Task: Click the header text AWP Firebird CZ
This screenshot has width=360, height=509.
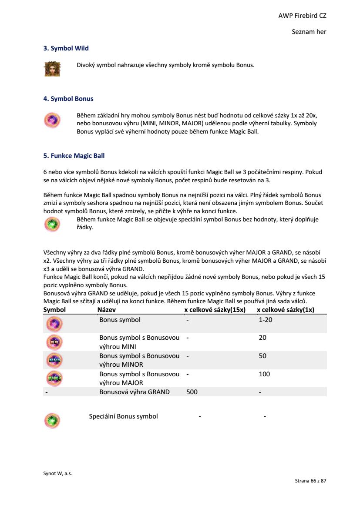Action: (302, 16)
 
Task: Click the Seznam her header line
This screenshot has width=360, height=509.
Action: (309, 32)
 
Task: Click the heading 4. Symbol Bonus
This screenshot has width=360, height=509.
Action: (68, 99)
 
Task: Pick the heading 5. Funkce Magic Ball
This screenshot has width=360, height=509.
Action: (74, 156)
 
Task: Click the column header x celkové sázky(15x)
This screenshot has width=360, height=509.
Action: (215, 310)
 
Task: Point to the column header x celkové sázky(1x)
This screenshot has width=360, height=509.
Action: (286, 310)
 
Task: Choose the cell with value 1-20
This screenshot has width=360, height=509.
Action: (265, 320)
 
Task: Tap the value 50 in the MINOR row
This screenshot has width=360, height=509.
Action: (262, 356)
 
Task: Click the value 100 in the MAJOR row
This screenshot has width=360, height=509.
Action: (264, 374)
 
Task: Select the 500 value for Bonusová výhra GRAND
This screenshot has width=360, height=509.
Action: (192, 392)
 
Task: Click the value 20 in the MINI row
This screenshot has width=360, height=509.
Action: (262, 338)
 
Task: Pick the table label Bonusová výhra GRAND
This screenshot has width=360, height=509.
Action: (134, 392)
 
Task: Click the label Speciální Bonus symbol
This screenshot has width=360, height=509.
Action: (123, 416)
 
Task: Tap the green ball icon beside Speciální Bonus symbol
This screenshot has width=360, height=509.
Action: (53, 421)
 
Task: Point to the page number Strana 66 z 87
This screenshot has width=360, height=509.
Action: (310, 481)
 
